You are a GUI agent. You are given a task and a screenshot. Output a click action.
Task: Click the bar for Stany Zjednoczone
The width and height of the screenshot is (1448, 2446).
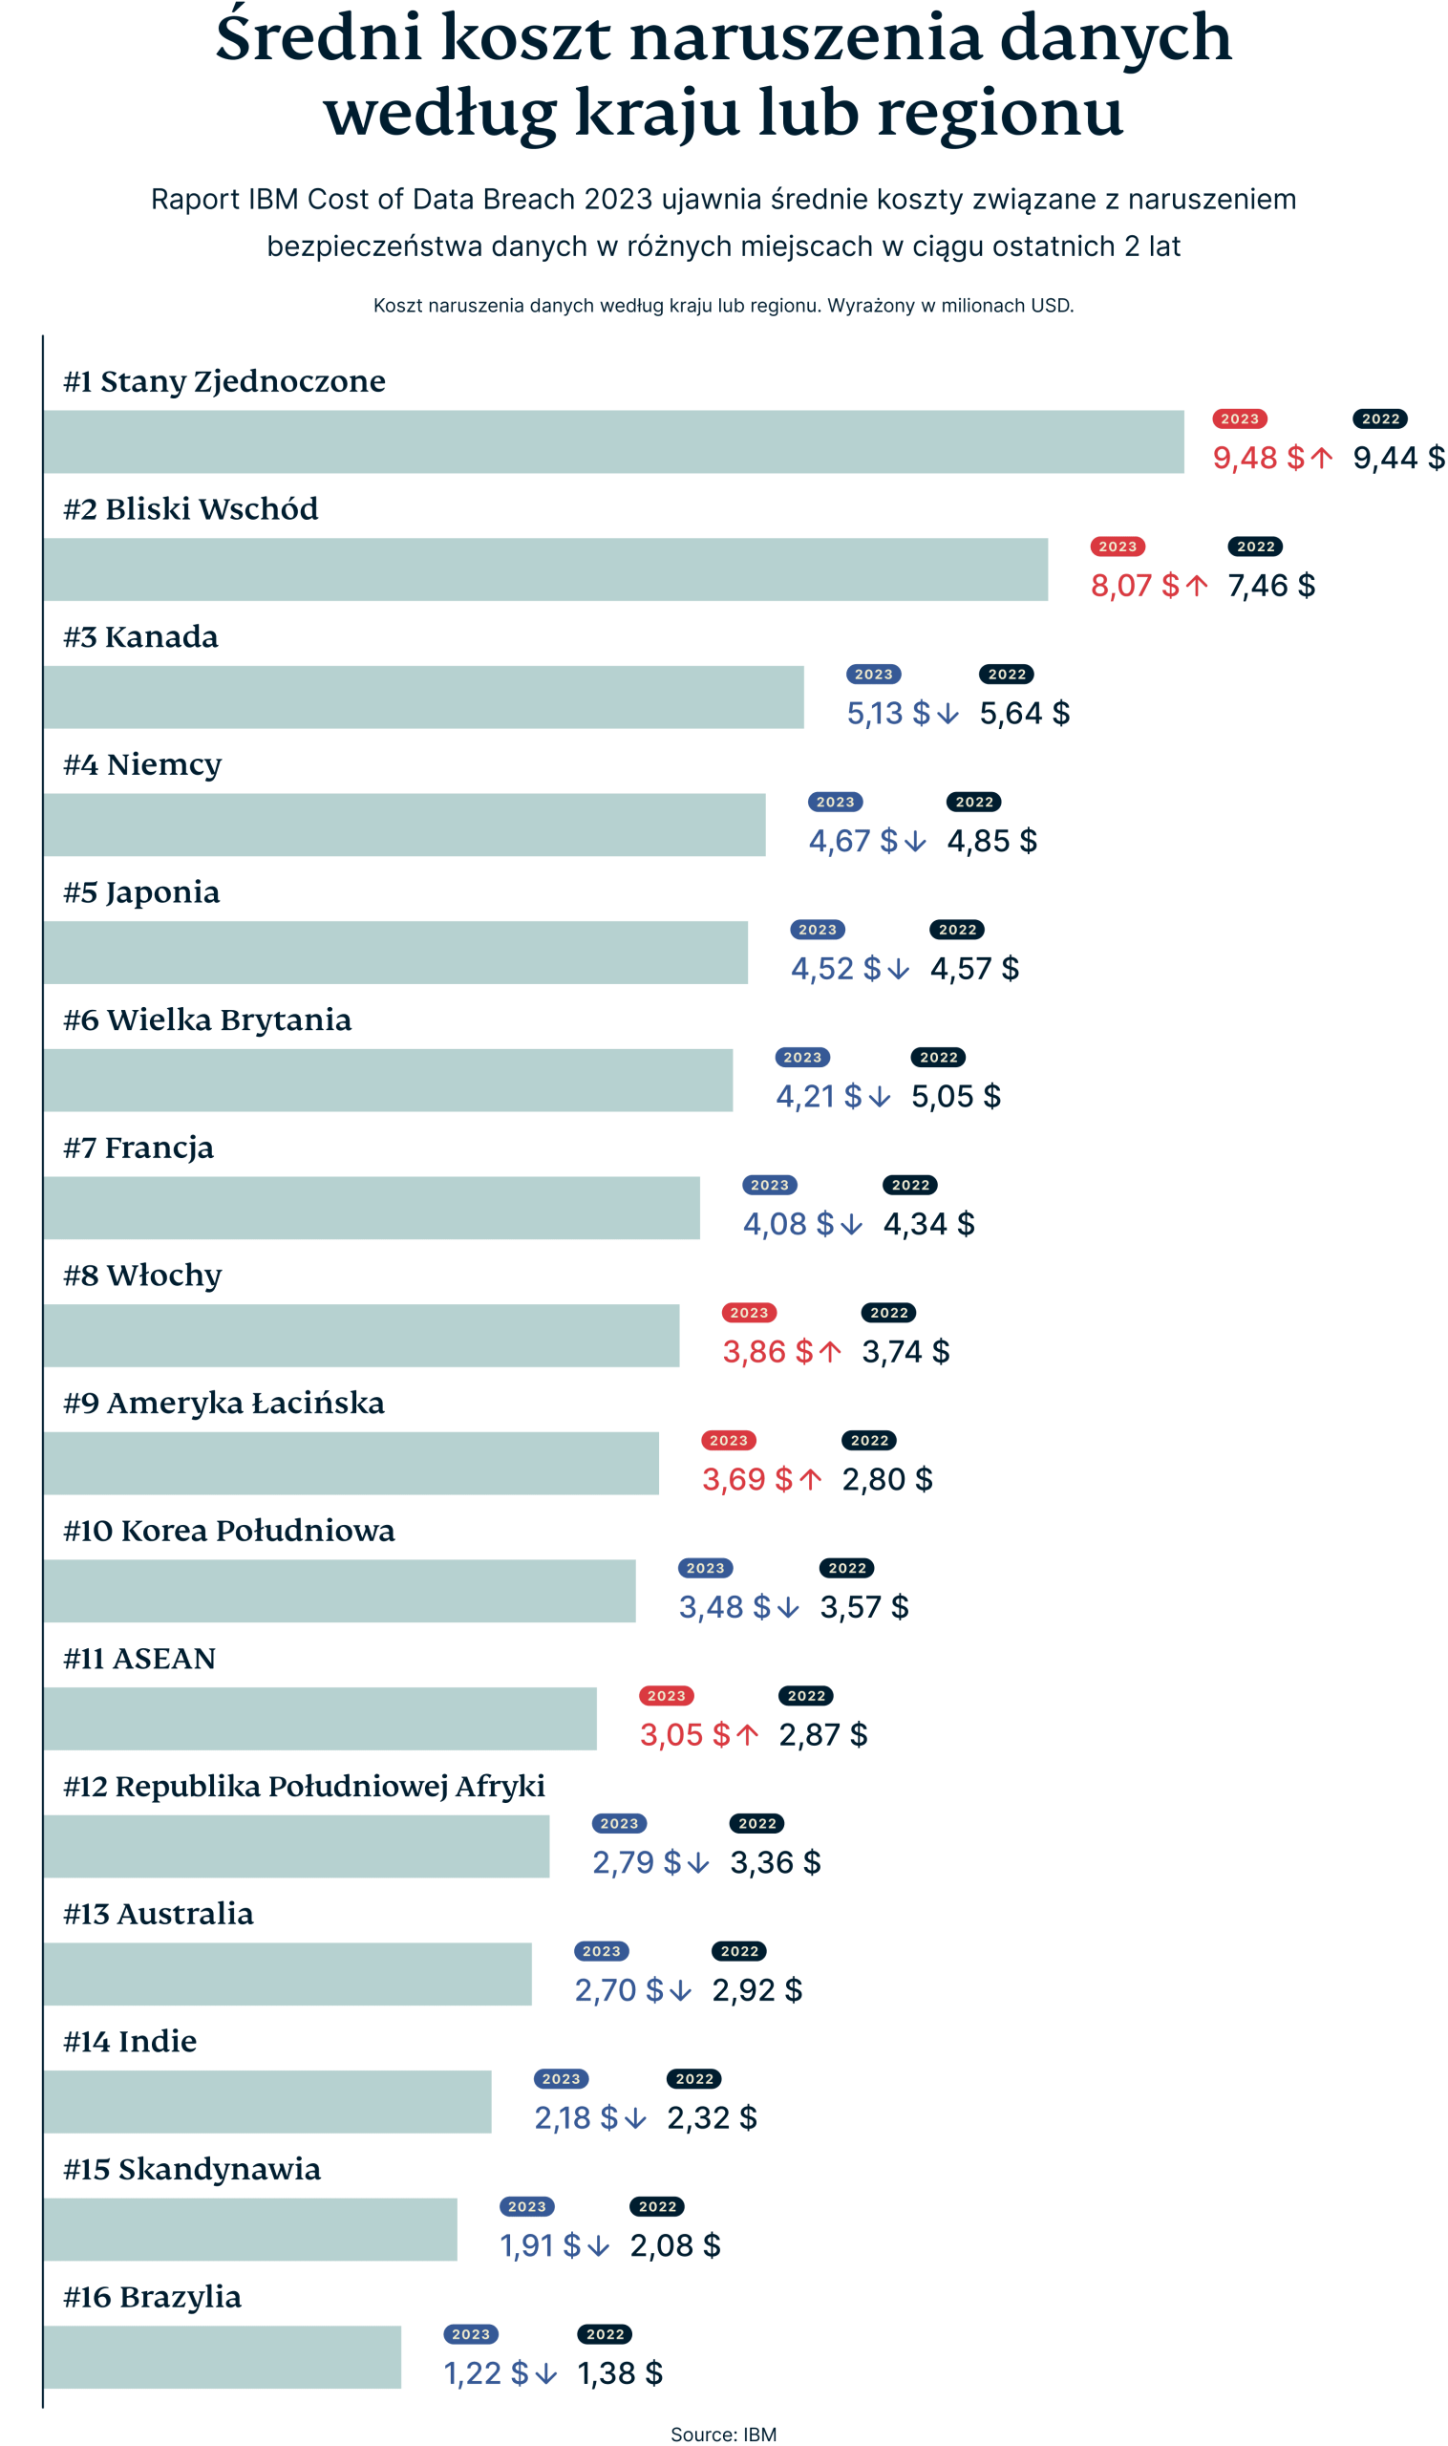(614, 441)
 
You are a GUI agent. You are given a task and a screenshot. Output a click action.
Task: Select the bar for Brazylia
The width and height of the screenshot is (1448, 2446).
(223, 2356)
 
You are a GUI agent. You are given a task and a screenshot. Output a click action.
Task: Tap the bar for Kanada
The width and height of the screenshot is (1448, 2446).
(423, 696)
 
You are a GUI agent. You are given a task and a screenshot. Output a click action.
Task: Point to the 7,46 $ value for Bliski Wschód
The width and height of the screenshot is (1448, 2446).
(1270, 585)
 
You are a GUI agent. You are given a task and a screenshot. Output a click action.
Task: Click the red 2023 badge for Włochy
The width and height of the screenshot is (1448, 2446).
(749, 1312)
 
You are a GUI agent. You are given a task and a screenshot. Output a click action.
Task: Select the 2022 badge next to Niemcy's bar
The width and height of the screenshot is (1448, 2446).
(974, 802)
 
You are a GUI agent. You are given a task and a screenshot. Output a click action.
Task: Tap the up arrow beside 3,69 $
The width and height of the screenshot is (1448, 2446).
(810, 1479)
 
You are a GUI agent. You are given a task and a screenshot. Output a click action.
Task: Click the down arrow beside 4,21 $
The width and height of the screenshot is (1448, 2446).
(879, 1096)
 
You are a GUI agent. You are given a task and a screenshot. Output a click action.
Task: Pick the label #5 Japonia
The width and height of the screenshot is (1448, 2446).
(141, 892)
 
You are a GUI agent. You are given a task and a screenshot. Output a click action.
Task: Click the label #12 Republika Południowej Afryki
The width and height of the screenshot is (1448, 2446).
(304, 1785)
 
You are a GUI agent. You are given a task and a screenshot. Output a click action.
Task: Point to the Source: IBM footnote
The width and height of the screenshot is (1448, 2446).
(723, 2434)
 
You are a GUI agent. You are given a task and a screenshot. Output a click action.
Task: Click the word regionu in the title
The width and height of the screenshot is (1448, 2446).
(1000, 112)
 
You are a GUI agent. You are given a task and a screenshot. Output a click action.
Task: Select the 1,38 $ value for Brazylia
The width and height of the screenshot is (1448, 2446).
(620, 2372)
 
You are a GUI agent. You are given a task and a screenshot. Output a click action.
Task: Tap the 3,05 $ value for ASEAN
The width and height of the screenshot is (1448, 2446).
(684, 1734)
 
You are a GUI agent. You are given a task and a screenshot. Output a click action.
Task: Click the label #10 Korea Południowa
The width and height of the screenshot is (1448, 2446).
(228, 1530)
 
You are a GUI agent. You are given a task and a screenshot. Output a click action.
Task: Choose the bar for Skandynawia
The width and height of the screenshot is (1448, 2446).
(250, 2228)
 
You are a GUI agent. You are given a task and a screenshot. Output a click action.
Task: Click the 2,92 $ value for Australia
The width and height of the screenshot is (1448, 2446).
(756, 1989)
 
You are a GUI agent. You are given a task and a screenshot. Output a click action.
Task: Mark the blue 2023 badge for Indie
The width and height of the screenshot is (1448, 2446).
(561, 2078)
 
